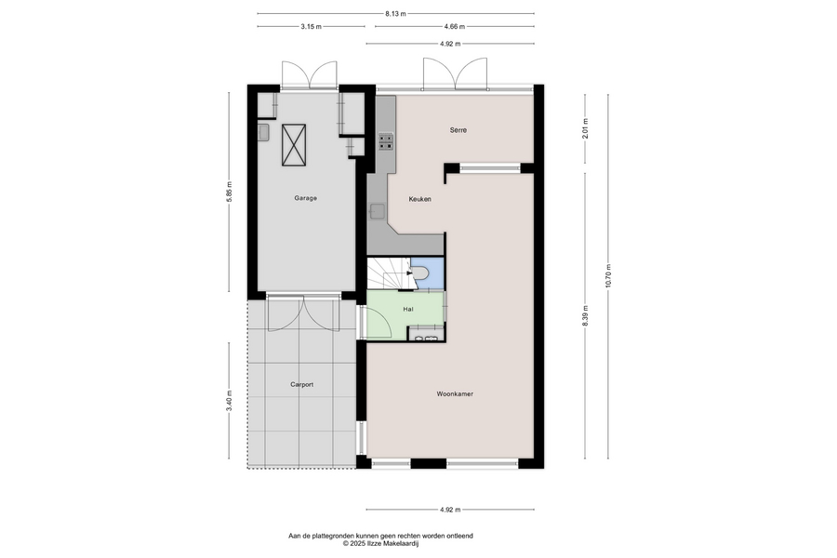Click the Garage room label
(305, 198)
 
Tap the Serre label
(458, 130)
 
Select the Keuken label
(419, 199)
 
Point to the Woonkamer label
(455, 394)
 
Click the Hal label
(408, 309)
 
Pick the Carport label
(301, 384)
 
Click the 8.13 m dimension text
(395, 14)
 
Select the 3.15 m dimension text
(312, 26)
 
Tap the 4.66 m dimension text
(454, 26)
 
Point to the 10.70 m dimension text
(608, 276)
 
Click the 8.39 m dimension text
(585, 316)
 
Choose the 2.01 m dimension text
(585, 128)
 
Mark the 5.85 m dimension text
(229, 192)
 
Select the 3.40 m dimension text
(229, 401)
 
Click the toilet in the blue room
(420, 272)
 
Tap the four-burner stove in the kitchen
(386, 141)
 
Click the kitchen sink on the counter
(378, 211)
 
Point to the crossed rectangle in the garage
(294, 145)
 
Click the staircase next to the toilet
(389, 273)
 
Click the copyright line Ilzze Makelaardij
(381, 543)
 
